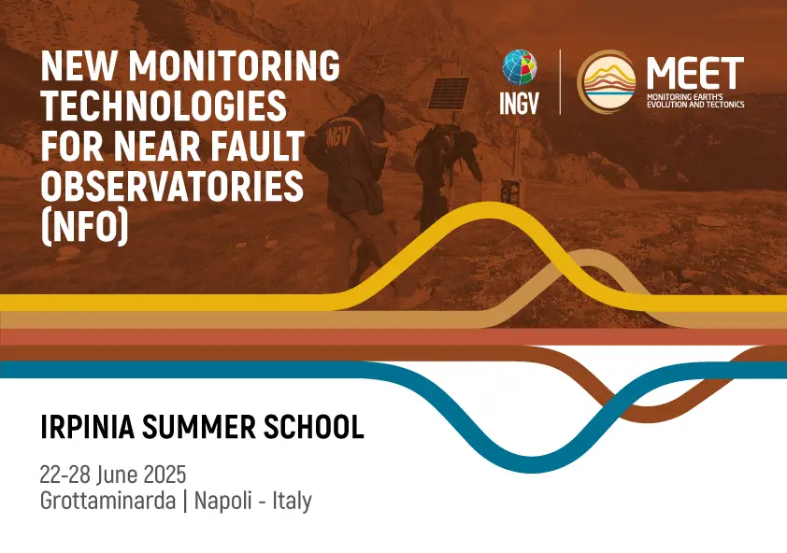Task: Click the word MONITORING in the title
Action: [x=234, y=65]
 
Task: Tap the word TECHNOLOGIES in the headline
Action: [x=164, y=106]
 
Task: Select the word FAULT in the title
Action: [x=259, y=146]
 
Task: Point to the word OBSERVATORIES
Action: [x=172, y=186]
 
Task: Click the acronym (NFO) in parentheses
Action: [x=85, y=227]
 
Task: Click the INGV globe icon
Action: [x=520, y=68]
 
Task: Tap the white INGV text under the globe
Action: [x=519, y=103]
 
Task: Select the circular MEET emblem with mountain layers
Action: [x=607, y=82]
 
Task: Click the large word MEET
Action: [x=695, y=73]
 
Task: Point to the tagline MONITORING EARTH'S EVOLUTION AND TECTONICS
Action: [x=695, y=100]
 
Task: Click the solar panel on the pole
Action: [x=449, y=92]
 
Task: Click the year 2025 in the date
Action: [x=165, y=475]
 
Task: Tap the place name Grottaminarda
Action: [x=107, y=501]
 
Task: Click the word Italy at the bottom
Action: [x=293, y=501]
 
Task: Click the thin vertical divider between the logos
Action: [x=560, y=82]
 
